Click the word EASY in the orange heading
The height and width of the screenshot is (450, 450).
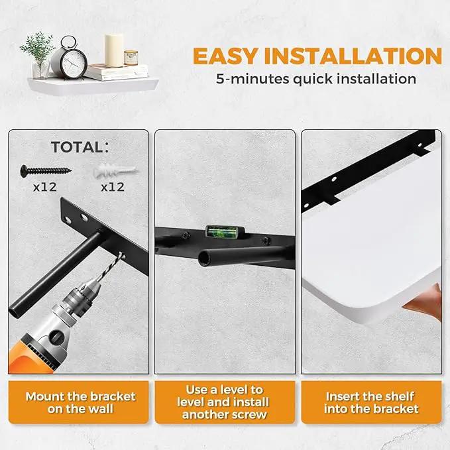(x=225, y=56)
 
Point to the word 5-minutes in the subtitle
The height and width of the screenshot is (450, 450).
(x=253, y=79)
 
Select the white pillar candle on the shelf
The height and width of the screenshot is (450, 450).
(x=114, y=50)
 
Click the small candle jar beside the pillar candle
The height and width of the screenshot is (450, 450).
(x=131, y=58)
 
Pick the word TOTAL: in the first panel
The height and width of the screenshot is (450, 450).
(x=80, y=147)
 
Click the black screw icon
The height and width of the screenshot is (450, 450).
(x=46, y=171)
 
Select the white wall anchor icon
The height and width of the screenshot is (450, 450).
(x=116, y=172)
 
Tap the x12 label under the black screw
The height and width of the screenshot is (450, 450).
(x=45, y=187)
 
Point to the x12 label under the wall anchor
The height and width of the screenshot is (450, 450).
(x=113, y=187)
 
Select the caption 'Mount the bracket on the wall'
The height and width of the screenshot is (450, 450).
(x=80, y=402)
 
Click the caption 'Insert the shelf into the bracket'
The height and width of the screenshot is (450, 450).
(x=371, y=402)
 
